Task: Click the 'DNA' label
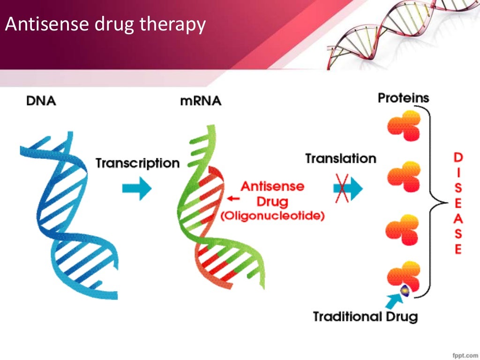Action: click(x=41, y=101)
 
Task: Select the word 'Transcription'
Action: click(x=137, y=164)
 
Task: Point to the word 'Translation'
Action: click(x=340, y=158)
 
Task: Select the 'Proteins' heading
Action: click(x=403, y=98)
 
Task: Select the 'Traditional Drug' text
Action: click(x=365, y=317)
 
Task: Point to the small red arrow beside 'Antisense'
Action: click(x=233, y=198)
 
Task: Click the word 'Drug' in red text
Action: click(x=272, y=202)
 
